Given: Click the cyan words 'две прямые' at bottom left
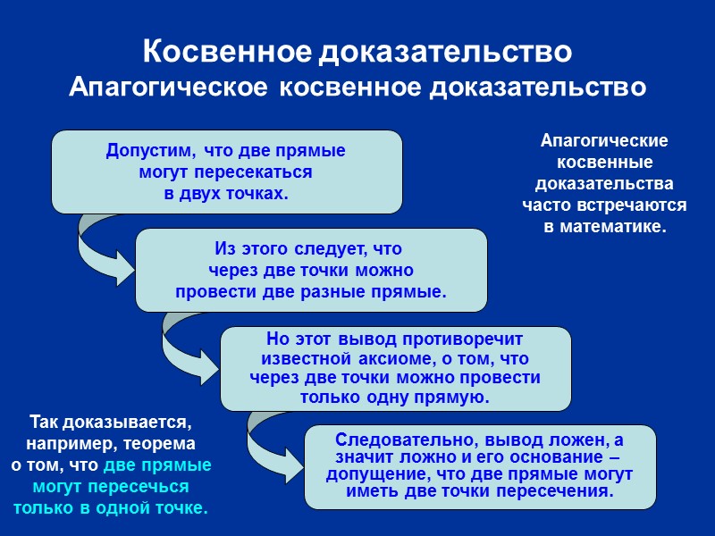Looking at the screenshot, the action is [x=158, y=465].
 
